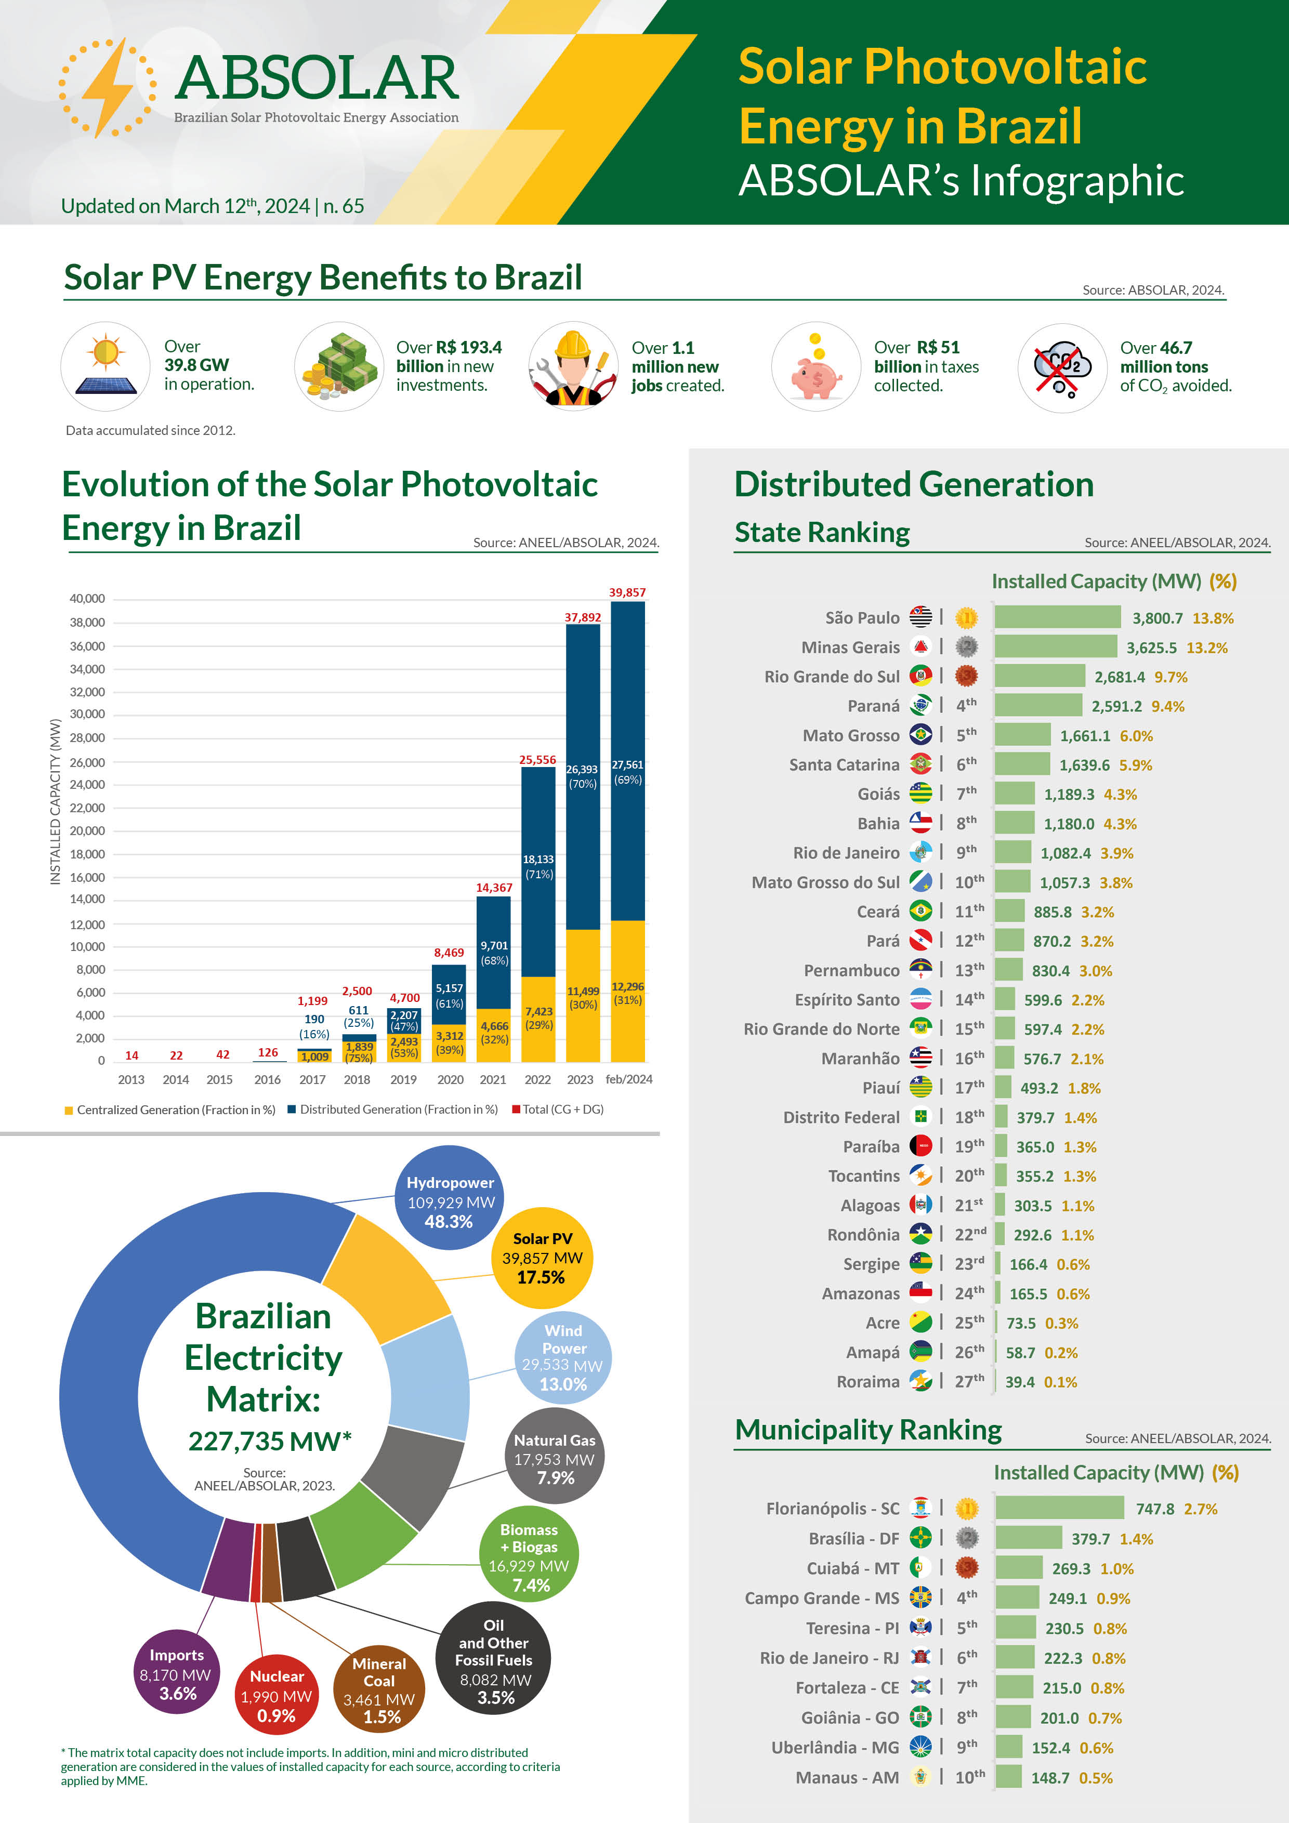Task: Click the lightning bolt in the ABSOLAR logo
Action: pos(108,87)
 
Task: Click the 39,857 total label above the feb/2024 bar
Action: pos(627,592)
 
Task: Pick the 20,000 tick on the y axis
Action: pos(87,830)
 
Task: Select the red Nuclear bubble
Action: pos(277,1695)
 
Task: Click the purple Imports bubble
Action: pos(176,1674)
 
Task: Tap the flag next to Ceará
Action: pos(920,910)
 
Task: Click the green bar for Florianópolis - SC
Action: pos(1059,1508)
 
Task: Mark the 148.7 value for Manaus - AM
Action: pos(1050,1778)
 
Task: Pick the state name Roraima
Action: pos(867,1382)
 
